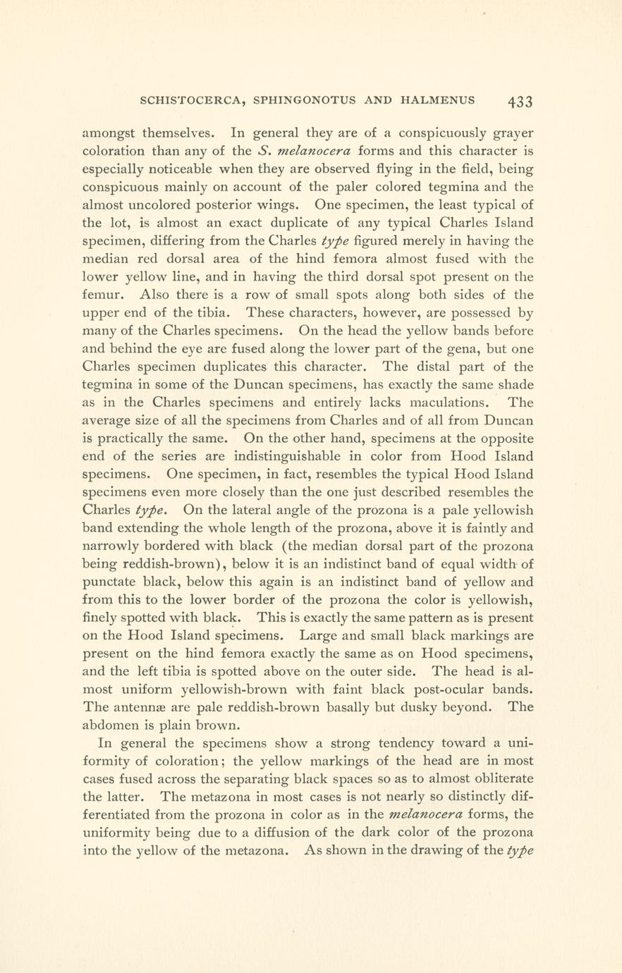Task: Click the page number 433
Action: click(x=520, y=101)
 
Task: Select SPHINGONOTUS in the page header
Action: click(x=307, y=100)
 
